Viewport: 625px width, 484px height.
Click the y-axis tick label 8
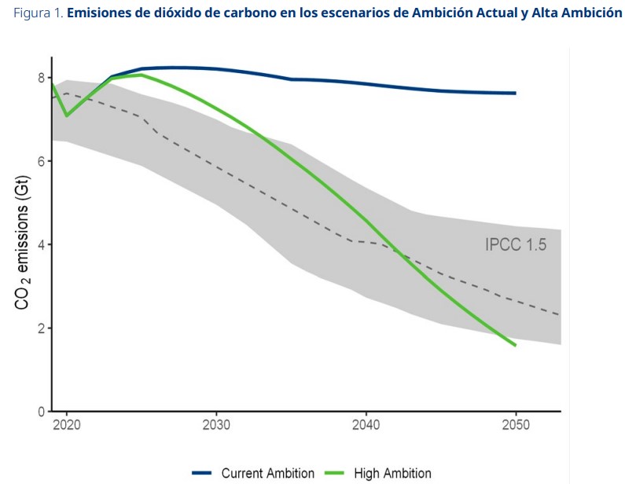point(41,78)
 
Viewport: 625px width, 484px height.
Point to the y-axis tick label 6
point(41,161)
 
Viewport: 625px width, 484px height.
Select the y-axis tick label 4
point(41,244)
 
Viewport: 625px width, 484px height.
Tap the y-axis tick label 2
point(41,328)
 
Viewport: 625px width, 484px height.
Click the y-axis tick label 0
point(41,411)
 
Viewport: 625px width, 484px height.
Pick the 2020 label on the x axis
point(67,425)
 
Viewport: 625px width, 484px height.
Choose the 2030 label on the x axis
point(216,425)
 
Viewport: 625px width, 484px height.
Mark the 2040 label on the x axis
point(366,425)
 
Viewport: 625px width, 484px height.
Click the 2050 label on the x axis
point(515,425)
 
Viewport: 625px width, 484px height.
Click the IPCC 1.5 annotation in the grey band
point(515,244)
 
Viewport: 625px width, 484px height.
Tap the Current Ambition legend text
point(267,473)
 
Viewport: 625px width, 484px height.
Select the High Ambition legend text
point(392,473)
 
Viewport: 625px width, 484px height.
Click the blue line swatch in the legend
point(202,473)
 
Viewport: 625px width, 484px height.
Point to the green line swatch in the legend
point(335,473)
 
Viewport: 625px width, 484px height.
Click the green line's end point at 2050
point(515,345)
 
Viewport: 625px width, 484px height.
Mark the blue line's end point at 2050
point(515,93)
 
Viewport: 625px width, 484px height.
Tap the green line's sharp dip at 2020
point(67,115)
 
